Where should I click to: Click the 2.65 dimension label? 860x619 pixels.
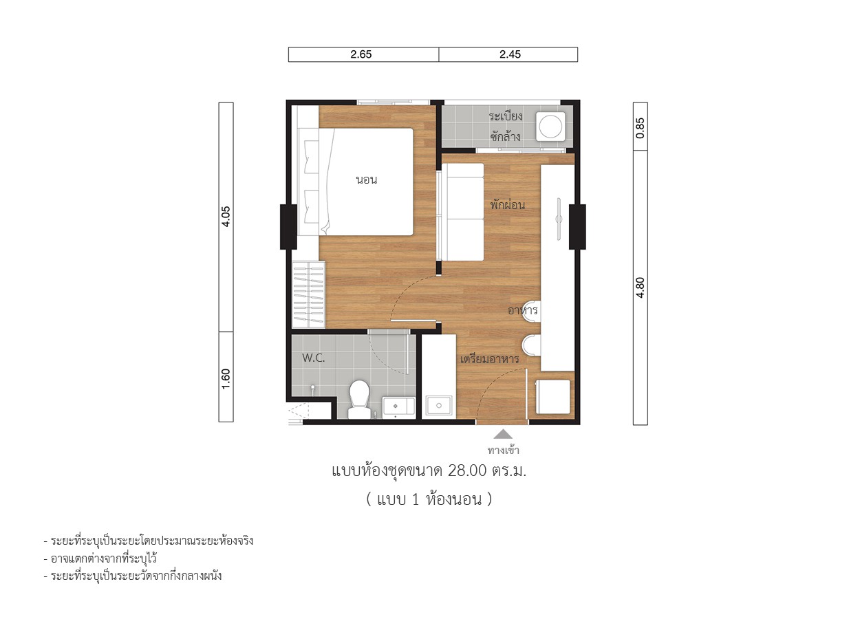point(361,54)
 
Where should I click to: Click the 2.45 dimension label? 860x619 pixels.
point(510,54)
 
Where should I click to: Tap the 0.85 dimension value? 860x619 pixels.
point(640,128)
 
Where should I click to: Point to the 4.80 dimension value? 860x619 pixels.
point(640,287)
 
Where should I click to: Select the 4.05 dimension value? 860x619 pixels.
point(226,217)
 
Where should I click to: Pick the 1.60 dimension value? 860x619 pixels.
point(226,378)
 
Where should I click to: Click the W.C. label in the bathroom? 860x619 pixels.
point(313,358)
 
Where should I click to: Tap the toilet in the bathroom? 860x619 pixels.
point(359,399)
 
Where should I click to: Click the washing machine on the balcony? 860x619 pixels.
point(550,125)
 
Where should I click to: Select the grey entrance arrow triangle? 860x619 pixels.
point(503,434)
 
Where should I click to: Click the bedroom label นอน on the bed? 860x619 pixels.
point(367,180)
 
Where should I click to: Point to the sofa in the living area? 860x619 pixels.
point(461,213)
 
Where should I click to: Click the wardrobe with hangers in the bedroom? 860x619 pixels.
point(308,294)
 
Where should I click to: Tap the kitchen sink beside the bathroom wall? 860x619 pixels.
point(439,406)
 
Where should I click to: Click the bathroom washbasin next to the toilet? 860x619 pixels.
point(398,406)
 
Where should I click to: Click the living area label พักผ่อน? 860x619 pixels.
point(507,205)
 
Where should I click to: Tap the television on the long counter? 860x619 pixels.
point(559,219)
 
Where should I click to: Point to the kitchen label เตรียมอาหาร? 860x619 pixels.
point(489,359)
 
